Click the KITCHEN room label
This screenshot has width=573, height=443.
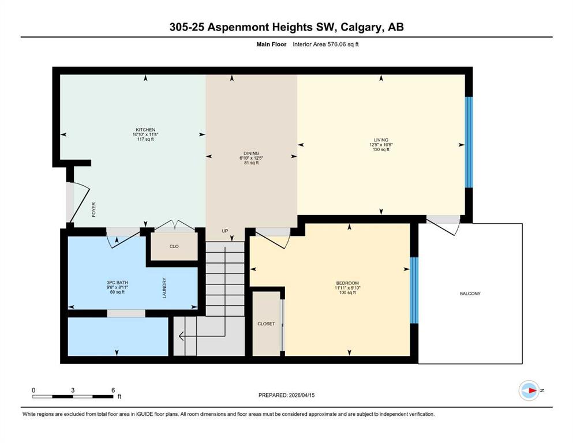tap(145, 130)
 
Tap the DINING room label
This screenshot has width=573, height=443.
tap(252, 153)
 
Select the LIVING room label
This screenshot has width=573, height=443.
tap(381, 140)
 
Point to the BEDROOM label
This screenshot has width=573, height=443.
tap(347, 283)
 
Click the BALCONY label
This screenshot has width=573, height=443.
tap(470, 294)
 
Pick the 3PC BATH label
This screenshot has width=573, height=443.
tap(117, 283)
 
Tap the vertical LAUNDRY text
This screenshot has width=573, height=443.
tap(164, 288)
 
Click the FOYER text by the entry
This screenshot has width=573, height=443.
tap(94, 209)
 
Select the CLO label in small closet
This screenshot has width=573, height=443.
tap(174, 246)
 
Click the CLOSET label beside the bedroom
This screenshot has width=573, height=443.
tap(266, 324)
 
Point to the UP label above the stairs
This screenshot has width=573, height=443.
tap(225, 231)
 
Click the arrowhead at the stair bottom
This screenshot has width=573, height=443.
tap(181, 336)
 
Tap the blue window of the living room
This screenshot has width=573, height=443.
tap(469, 142)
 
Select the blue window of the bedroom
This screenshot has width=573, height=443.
tap(414, 290)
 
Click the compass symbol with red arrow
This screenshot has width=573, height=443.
tap(529, 391)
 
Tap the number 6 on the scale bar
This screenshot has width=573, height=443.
tap(113, 390)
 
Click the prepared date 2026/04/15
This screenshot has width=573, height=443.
tap(301, 395)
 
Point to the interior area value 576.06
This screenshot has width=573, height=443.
tap(336, 44)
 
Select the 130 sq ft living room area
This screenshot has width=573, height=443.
tap(381, 149)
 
